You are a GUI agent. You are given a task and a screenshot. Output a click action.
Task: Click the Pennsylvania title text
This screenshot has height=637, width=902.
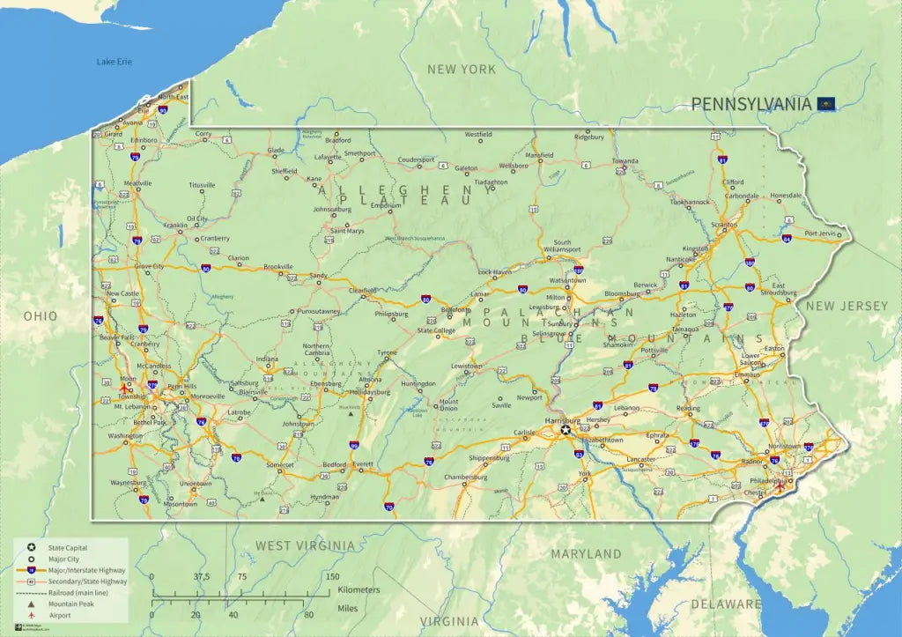[x=750, y=104]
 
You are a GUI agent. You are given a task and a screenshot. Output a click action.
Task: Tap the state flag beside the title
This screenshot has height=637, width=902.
[x=825, y=104]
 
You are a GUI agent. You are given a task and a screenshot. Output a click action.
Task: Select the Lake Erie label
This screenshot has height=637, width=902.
[x=114, y=62]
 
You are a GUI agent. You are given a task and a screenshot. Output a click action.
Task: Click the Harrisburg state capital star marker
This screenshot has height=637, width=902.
[x=566, y=431]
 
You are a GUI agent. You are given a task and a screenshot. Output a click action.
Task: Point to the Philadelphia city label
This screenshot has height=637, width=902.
[x=765, y=480]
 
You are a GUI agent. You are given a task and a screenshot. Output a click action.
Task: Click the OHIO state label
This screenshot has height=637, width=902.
[x=41, y=316]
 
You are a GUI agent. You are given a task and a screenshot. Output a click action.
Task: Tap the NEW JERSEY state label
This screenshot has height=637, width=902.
[x=847, y=306]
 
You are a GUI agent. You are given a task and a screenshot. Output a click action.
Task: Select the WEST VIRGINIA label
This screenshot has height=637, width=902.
[x=305, y=546]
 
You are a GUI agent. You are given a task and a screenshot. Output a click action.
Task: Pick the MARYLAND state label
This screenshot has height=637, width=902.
[x=586, y=554]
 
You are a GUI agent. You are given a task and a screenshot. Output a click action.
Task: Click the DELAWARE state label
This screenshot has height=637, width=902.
[x=726, y=604]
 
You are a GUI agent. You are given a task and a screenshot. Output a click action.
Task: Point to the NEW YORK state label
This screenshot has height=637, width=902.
[x=462, y=69]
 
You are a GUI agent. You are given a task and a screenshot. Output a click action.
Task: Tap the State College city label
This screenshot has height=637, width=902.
[x=436, y=331]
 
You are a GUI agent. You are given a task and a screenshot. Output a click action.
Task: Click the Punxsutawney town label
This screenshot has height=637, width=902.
[x=319, y=311]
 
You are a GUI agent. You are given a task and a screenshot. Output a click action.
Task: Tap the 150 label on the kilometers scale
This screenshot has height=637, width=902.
[x=333, y=576]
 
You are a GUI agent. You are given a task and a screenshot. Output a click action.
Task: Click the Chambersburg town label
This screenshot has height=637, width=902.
[x=466, y=477]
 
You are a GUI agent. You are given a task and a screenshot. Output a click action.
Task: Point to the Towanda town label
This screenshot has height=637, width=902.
[x=625, y=161]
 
